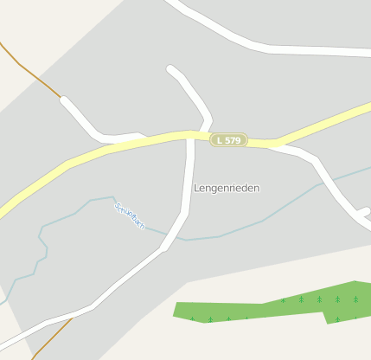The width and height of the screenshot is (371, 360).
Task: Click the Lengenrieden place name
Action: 227,188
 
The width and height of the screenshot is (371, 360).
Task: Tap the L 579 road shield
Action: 229,139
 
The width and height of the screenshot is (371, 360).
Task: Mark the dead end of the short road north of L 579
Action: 171,69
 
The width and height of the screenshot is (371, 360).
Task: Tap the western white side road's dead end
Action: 65,101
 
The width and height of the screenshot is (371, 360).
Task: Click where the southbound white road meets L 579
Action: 191,138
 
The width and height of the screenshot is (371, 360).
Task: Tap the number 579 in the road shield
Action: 233,139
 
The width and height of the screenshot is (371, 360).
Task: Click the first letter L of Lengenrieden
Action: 197,188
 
